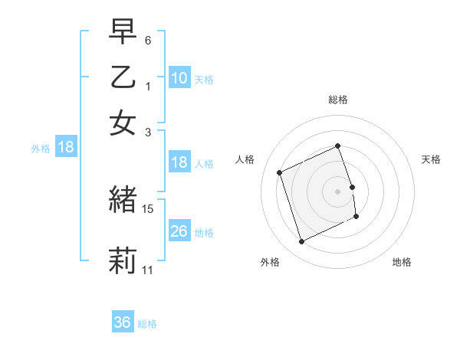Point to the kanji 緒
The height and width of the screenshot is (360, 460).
(123, 200)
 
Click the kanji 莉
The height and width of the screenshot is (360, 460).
(123, 260)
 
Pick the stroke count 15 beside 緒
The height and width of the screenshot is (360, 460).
(148, 208)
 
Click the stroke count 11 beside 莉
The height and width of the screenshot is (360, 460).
(148, 270)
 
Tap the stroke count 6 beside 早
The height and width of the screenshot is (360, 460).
(148, 40)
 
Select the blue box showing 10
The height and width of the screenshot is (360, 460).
(179, 77)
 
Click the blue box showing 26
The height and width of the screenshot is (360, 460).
(179, 231)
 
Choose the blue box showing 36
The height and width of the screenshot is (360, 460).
(123, 322)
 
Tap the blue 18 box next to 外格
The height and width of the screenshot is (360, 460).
(65, 147)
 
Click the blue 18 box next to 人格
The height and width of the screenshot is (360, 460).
(179, 162)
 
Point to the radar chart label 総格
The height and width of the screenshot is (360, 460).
(338, 100)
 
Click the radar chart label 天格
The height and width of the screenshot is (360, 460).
(432, 159)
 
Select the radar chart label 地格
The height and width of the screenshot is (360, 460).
(402, 262)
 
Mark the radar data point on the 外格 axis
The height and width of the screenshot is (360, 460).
(302, 242)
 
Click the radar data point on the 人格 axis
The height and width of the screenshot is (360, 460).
(280, 172)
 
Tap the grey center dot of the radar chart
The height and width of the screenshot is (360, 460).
(338, 191)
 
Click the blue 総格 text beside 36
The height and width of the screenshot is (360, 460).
(147, 324)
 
